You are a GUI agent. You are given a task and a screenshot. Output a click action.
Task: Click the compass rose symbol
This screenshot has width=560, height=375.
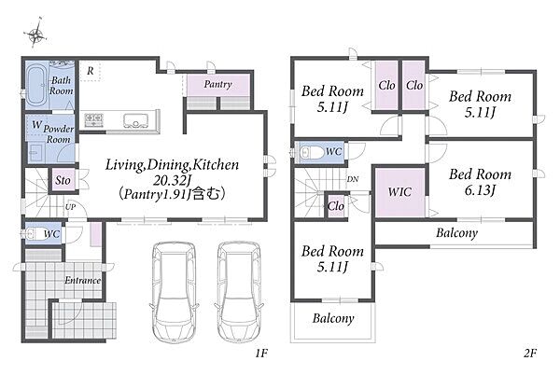(35, 34)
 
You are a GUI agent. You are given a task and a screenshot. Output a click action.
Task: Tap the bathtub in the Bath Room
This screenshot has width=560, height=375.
(36, 86)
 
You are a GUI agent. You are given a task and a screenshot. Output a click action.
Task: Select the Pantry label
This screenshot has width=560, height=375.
(217, 84)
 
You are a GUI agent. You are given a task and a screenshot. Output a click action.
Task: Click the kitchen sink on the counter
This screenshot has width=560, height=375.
(135, 121)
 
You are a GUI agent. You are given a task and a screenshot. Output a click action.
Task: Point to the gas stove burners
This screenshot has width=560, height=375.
(94, 119)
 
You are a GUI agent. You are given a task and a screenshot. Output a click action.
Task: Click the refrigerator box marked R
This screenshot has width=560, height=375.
(90, 71)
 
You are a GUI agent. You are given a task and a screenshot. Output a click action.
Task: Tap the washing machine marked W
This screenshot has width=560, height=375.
(36, 125)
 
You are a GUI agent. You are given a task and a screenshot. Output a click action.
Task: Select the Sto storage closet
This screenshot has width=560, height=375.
(63, 181)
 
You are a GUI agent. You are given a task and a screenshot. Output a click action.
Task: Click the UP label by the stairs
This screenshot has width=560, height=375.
(70, 206)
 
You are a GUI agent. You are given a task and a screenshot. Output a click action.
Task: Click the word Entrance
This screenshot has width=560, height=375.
(83, 281)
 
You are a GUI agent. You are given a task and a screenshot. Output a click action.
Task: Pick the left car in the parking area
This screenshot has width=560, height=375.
(174, 292)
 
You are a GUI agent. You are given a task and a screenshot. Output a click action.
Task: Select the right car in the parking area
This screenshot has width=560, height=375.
(239, 292)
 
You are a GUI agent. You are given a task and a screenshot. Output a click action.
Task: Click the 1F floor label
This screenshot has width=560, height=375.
(261, 354)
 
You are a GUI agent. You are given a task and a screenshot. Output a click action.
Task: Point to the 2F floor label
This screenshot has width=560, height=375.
(530, 354)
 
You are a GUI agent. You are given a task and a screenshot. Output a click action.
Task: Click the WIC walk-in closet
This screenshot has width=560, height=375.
(400, 191)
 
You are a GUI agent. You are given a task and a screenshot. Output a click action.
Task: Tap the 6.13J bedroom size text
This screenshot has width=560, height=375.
(480, 190)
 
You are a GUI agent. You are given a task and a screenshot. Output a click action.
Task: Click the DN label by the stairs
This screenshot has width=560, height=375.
(353, 179)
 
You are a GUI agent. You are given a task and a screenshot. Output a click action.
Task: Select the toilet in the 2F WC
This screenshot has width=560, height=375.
(312, 152)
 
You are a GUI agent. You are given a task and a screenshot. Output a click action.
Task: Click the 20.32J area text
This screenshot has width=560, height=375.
(171, 181)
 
